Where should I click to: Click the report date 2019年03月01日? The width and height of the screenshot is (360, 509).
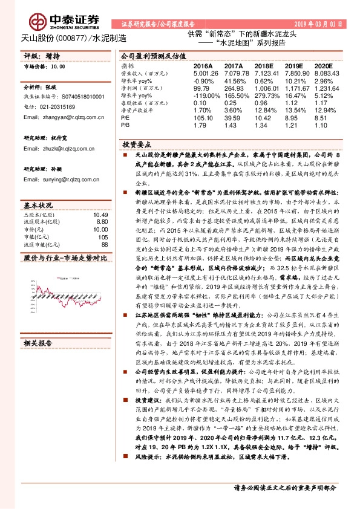pyautogui.click(x=321, y=24)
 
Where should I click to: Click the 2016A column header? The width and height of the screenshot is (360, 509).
pyautogui.click(x=203, y=65)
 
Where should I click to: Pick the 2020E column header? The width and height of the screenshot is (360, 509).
pyautogui.click(x=324, y=65)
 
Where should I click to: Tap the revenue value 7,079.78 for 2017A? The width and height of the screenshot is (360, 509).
pyautogui.click(x=236, y=73)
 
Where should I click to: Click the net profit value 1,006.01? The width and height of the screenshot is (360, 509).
pyautogui.click(x=266, y=88)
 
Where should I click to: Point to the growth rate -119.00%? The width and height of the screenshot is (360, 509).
pyautogui.click(x=206, y=96)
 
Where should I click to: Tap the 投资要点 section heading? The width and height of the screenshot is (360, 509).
pyautogui.click(x=136, y=146)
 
